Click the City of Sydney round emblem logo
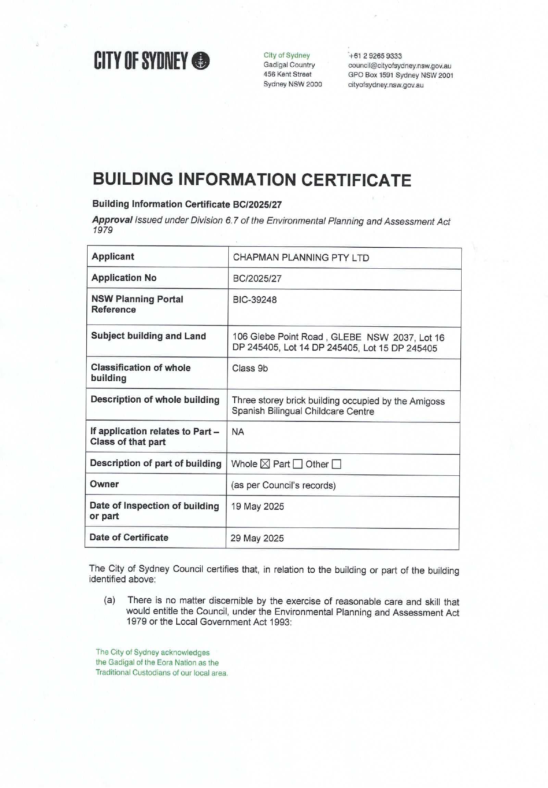(201, 61)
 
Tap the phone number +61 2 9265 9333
(375, 56)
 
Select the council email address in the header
(400, 66)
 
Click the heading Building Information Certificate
(252, 180)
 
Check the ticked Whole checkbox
(265, 464)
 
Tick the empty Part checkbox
(297, 464)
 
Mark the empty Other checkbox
(337, 464)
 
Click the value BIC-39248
(255, 300)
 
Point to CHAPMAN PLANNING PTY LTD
(301, 258)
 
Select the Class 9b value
(250, 368)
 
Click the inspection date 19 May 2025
(258, 506)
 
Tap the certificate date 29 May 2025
(257, 538)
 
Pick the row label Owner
(104, 484)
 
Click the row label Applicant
(113, 256)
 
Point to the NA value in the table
(238, 432)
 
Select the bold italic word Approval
(112, 219)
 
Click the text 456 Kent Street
(287, 75)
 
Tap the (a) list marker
(110, 600)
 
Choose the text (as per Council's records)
(283, 485)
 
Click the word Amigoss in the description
(427, 401)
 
